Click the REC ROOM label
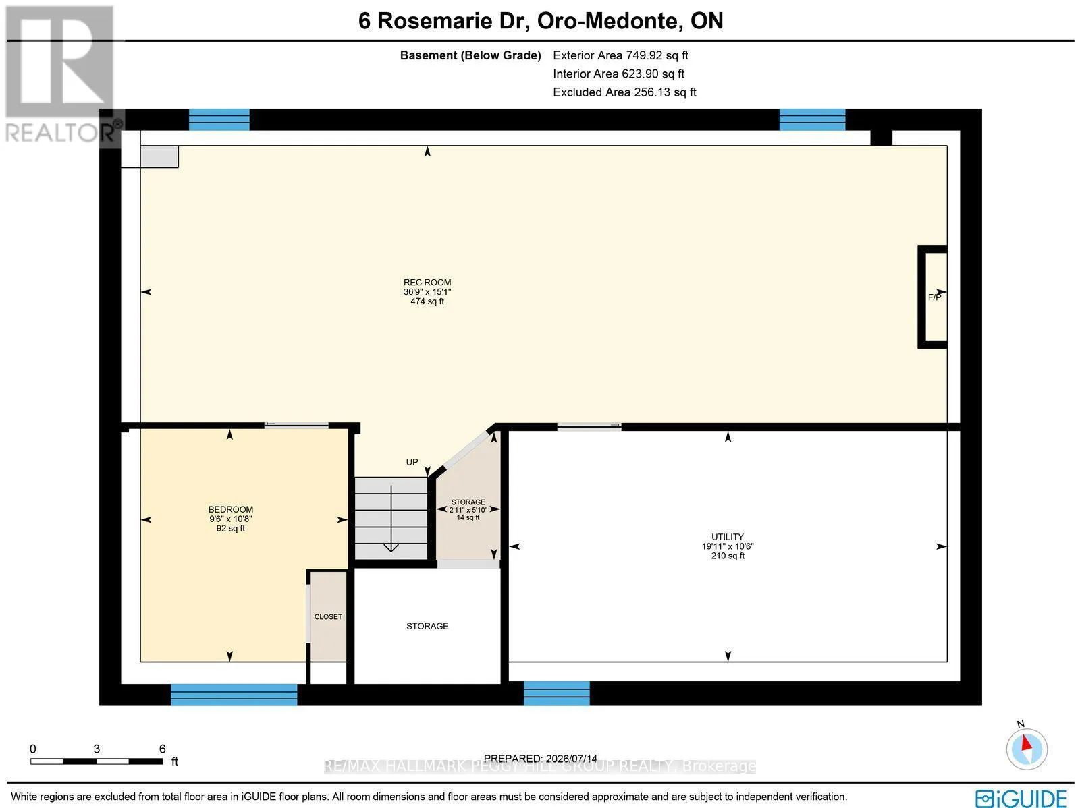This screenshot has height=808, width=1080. coord(427,282)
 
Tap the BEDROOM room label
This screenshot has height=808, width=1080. coord(231,509)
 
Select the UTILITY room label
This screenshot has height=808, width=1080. coord(727,537)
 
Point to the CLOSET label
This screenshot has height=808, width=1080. coord(328,617)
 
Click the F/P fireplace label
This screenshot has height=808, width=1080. coord(934,297)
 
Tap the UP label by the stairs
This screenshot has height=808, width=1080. coord(412,462)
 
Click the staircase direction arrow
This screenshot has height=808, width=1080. coord(391,519)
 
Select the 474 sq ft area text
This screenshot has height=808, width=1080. coord(427,301)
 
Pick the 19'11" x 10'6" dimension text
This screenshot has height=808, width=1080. coord(728,546)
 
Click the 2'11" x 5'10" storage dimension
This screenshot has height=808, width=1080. coord(468,510)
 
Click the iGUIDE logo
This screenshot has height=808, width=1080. coord(1021,798)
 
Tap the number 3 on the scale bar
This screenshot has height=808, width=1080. coord(97,749)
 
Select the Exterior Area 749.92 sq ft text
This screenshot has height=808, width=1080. coord(620,55)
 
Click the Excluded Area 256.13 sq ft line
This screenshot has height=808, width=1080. coord(624,92)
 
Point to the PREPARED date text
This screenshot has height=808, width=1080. coord(540,758)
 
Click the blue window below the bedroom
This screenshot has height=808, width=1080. coord(234,694)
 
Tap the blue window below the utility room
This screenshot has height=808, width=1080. coord(556,693)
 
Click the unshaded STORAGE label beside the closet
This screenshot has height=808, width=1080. coord(427,626)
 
